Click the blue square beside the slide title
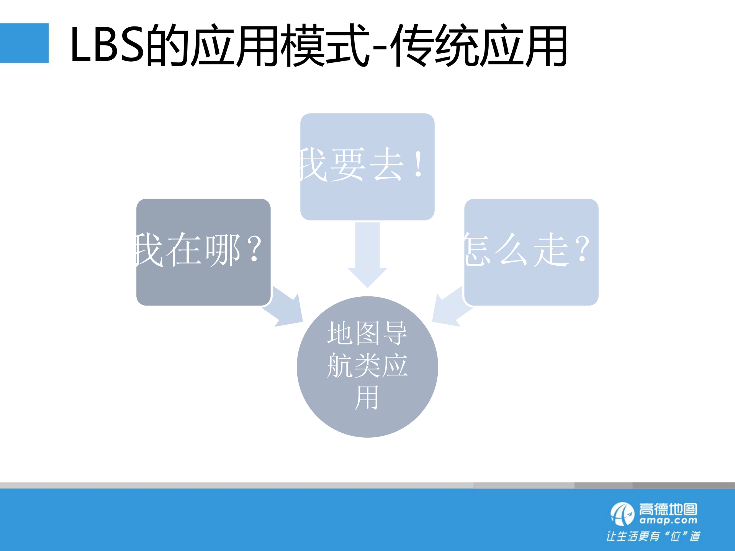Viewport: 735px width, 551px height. tap(24, 43)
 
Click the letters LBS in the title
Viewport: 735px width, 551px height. tap(107, 45)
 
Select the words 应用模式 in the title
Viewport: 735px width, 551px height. tap(280, 45)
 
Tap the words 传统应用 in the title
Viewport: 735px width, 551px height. tap(479, 45)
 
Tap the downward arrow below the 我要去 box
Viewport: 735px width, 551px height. tap(367, 255)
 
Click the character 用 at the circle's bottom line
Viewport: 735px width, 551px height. tap(367, 398)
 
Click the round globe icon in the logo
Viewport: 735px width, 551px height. tap(622, 514)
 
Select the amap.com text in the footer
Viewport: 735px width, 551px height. tap(668, 521)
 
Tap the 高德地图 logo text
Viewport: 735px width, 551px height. tap(668, 509)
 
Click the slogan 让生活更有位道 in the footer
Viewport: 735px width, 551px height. tap(653, 536)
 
